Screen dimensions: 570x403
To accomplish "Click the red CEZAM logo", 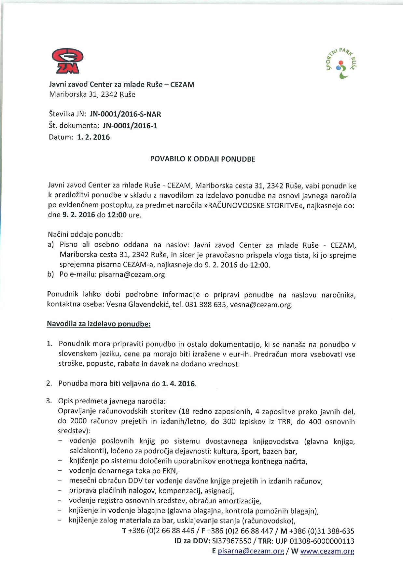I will pyautogui.click(x=67, y=61).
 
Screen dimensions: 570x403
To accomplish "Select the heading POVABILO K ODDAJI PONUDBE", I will pyautogui.click(x=202, y=159).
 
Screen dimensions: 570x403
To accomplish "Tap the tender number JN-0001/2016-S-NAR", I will pyautogui.click(x=125, y=114).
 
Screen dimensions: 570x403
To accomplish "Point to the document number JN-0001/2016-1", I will pyautogui.click(x=130, y=126).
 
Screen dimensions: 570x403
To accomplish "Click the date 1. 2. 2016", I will pyautogui.click(x=93, y=137).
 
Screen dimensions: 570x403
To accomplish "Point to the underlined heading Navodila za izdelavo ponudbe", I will pyautogui.click(x=99, y=324).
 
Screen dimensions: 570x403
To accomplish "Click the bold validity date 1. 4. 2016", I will pyautogui.click(x=179, y=383).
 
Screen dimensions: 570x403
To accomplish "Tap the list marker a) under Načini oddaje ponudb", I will pyautogui.click(x=51, y=245).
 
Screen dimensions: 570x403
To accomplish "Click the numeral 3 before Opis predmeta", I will pyautogui.click(x=49, y=401).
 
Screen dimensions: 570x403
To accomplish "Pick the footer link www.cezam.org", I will pyautogui.click(x=327, y=551).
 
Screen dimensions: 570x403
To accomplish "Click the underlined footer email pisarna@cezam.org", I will pyautogui.click(x=251, y=551).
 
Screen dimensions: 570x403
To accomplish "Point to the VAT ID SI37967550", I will pyautogui.click(x=231, y=541).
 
